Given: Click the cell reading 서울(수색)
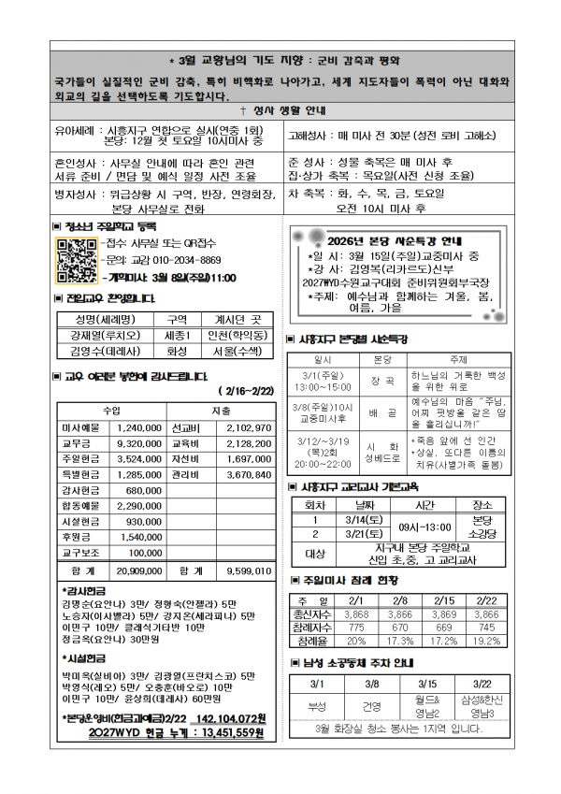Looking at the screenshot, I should [234, 352].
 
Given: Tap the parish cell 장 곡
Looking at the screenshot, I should [381, 382].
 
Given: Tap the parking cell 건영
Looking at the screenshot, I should [371, 705].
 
